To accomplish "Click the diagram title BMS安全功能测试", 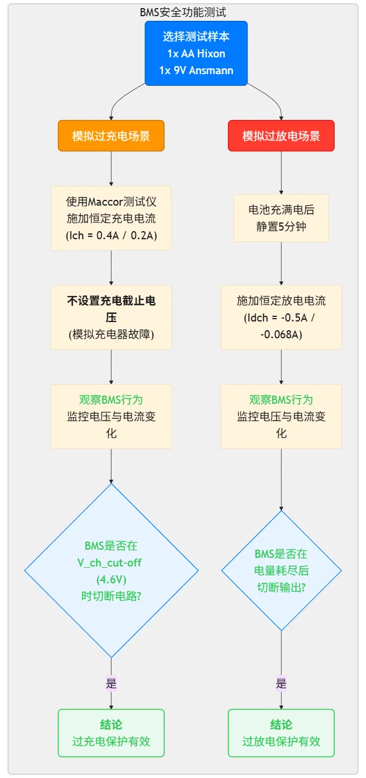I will click(x=183, y=12).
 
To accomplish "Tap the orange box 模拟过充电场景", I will click(x=111, y=136).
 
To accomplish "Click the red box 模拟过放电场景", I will click(x=281, y=136).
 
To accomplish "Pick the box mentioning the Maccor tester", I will click(x=111, y=218).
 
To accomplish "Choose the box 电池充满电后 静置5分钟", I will click(x=281, y=218).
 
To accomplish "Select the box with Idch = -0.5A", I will click(x=281, y=317).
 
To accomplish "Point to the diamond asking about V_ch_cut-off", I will click(x=112, y=571).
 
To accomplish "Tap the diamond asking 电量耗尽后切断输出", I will click(x=281, y=571).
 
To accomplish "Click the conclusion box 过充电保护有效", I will click(x=111, y=733).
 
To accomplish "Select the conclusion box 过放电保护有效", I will click(x=281, y=733).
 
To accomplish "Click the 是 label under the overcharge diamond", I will click(x=111, y=684).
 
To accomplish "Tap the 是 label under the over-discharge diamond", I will click(x=281, y=684).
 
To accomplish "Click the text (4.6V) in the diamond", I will click(x=111, y=579).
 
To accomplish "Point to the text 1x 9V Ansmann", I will click(x=196, y=70).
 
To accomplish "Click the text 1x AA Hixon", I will click(x=196, y=54).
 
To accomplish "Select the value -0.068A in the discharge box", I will click(x=281, y=334).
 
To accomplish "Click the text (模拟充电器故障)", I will click(x=111, y=334).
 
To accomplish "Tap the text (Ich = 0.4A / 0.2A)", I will click(x=111, y=235).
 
